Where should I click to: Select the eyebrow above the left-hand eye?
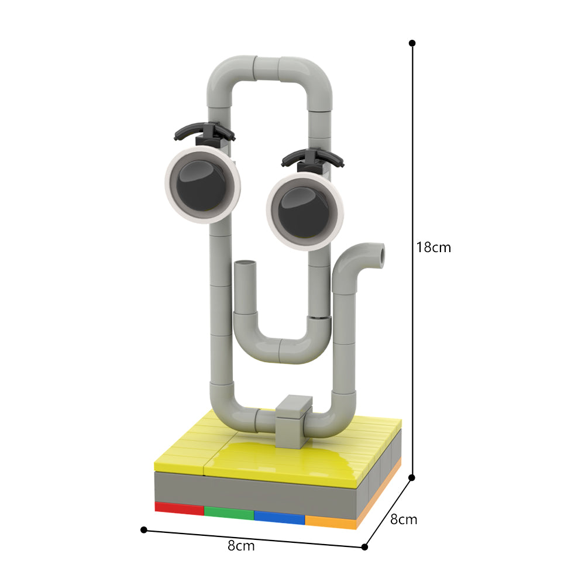204,131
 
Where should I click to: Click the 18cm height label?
433,247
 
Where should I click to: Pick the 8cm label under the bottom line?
241,546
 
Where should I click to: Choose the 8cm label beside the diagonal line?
404,519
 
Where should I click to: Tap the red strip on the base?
179,507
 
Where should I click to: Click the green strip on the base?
229,511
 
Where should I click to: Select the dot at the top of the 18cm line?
412,43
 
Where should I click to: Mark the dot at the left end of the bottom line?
144,529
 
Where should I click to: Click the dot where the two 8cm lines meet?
364,547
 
